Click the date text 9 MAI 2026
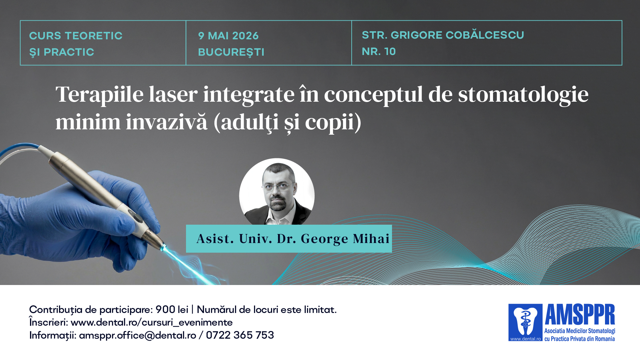pyautogui.click(x=228, y=36)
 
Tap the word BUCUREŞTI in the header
pyautogui.click(x=231, y=52)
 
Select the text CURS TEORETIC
pyautogui.click(x=76, y=36)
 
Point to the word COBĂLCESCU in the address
pyautogui.click(x=485, y=34)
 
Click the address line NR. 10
pyautogui.click(x=379, y=51)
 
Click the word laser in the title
pyautogui.click(x=173, y=94)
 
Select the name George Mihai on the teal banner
pyautogui.click(x=345, y=239)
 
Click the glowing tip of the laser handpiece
pyautogui.click(x=163, y=248)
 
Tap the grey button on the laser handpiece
pyautogui.click(x=137, y=217)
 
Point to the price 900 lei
pyautogui.click(x=172, y=310)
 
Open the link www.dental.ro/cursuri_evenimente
pyautogui.click(x=152, y=322)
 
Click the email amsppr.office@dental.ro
pyautogui.click(x=137, y=335)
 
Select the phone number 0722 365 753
pyautogui.click(x=240, y=335)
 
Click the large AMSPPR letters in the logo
pyautogui.click(x=580, y=314)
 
